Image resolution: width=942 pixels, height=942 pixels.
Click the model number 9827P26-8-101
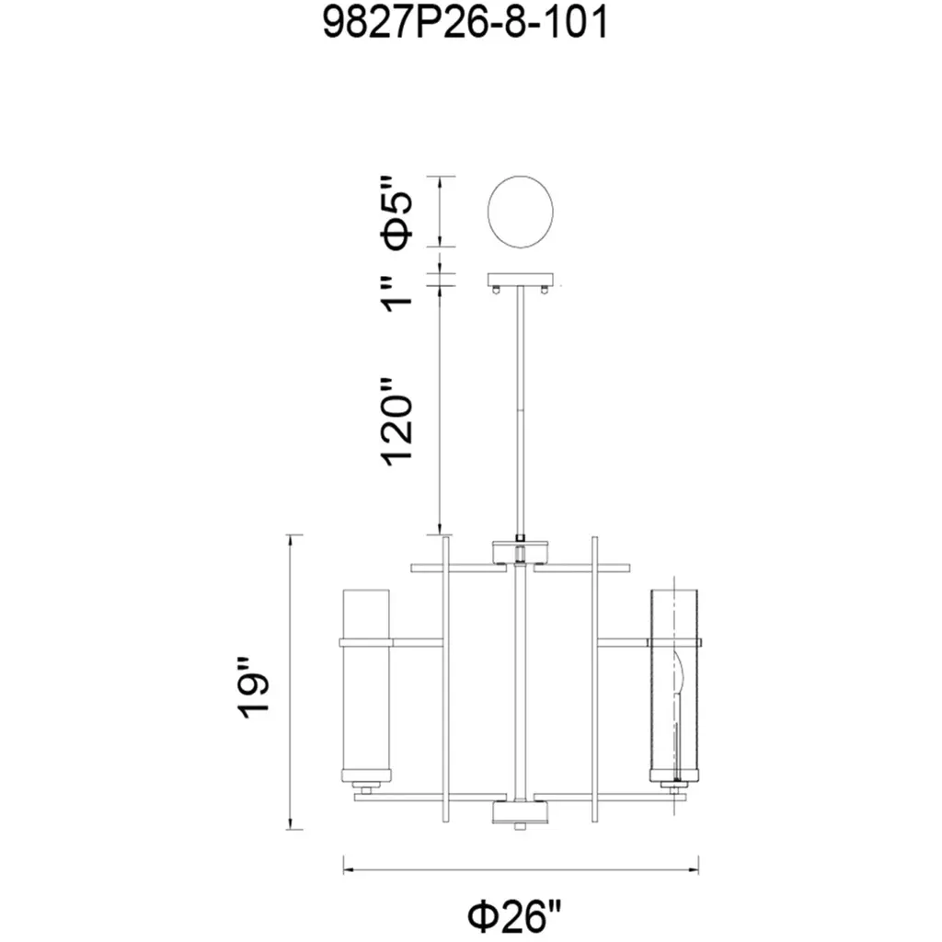(465, 24)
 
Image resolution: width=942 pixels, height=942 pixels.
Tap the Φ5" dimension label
(397, 213)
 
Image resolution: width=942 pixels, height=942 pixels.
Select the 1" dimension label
(397, 294)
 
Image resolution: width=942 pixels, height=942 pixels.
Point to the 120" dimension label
(397, 421)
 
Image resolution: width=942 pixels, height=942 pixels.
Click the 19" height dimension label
(253, 689)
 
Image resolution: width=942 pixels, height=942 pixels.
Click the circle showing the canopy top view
(521, 212)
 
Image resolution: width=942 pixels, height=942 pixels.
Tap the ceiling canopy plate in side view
(521, 280)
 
